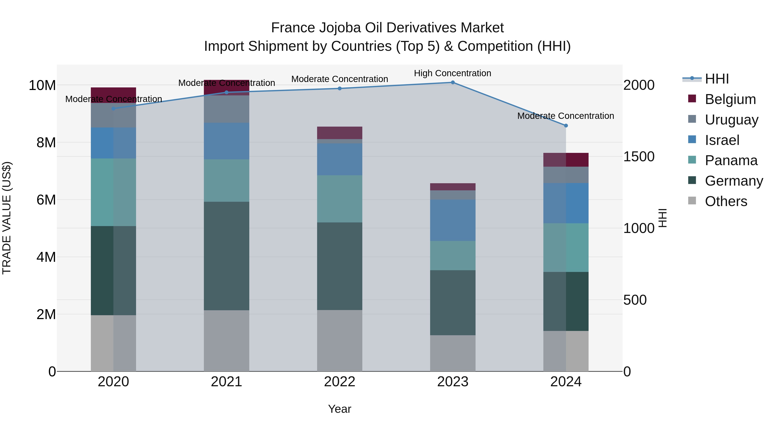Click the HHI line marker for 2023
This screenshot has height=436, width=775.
pyautogui.click(x=453, y=82)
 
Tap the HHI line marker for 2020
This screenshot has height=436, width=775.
pyautogui.click(x=113, y=109)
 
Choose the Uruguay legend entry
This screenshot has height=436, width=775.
pyautogui.click(x=731, y=120)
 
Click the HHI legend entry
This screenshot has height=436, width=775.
pyautogui.click(x=717, y=79)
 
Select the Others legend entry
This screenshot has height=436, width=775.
pyautogui.click(x=726, y=201)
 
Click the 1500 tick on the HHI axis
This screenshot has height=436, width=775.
pyautogui.click(x=639, y=157)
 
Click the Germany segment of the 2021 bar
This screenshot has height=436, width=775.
pyautogui.click(x=226, y=256)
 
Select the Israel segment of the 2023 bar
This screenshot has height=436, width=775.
pyautogui.click(x=453, y=220)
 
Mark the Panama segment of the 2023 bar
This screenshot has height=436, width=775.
pyautogui.click(x=453, y=255)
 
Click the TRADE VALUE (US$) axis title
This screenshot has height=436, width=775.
pyautogui.click(x=7, y=218)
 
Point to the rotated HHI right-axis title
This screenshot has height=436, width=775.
pyautogui.click(x=662, y=218)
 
